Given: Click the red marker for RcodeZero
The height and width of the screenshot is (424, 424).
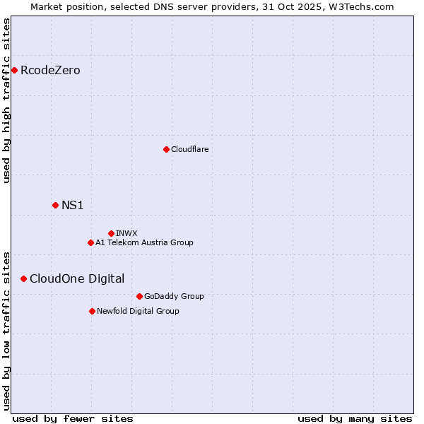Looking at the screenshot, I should (14, 70).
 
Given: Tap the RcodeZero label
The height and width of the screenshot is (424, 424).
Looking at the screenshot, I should (50, 71).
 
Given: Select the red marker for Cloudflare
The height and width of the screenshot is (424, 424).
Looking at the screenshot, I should (166, 149).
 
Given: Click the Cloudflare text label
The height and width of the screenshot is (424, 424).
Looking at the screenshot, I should (189, 149).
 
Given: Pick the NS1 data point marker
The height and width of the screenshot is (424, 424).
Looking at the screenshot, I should (55, 205).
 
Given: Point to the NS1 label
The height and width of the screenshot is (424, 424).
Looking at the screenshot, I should (73, 206).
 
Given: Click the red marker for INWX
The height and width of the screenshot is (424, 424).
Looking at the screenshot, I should (111, 233).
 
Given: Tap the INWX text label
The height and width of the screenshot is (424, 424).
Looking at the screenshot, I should (126, 233).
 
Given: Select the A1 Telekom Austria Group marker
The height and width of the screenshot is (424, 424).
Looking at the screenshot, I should (90, 242).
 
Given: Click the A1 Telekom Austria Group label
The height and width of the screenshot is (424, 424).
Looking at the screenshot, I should (144, 242).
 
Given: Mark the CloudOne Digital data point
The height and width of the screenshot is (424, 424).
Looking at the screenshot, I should (23, 278).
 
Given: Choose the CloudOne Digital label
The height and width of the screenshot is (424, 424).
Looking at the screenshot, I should (77, 279).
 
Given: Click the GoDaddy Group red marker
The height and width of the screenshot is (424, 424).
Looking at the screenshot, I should (139, 296).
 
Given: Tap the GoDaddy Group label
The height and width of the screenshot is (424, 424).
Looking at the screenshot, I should (174, 296).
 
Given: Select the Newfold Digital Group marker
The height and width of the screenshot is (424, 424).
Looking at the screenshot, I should (92, 311).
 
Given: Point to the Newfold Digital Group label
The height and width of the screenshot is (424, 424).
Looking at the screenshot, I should (138, 311).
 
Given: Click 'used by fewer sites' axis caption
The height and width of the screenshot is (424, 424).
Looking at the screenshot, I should (73, 418).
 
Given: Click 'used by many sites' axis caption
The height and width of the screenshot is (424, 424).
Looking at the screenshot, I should (355, 418).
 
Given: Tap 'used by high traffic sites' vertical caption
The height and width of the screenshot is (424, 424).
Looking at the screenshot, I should (7, 100).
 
